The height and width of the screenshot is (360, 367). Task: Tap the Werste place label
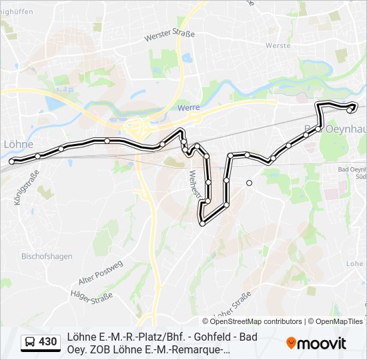click(x=278, y=45)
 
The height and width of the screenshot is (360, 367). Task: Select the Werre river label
click(x=189, y=107)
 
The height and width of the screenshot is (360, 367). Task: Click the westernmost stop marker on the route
click(x=12, y=161)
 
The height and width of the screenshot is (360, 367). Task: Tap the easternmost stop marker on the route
click(x=354, y=106)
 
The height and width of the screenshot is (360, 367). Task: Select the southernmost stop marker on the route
click(x=202, y=223)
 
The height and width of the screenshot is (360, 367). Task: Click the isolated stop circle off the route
click(x=249, y=183)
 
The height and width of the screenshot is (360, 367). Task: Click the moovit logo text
click(x=322, y=343)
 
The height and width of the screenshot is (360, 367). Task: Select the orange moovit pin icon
click(x=291, y=343)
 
